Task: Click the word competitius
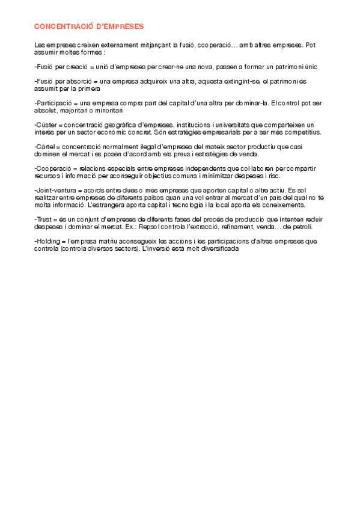[301, 132]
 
